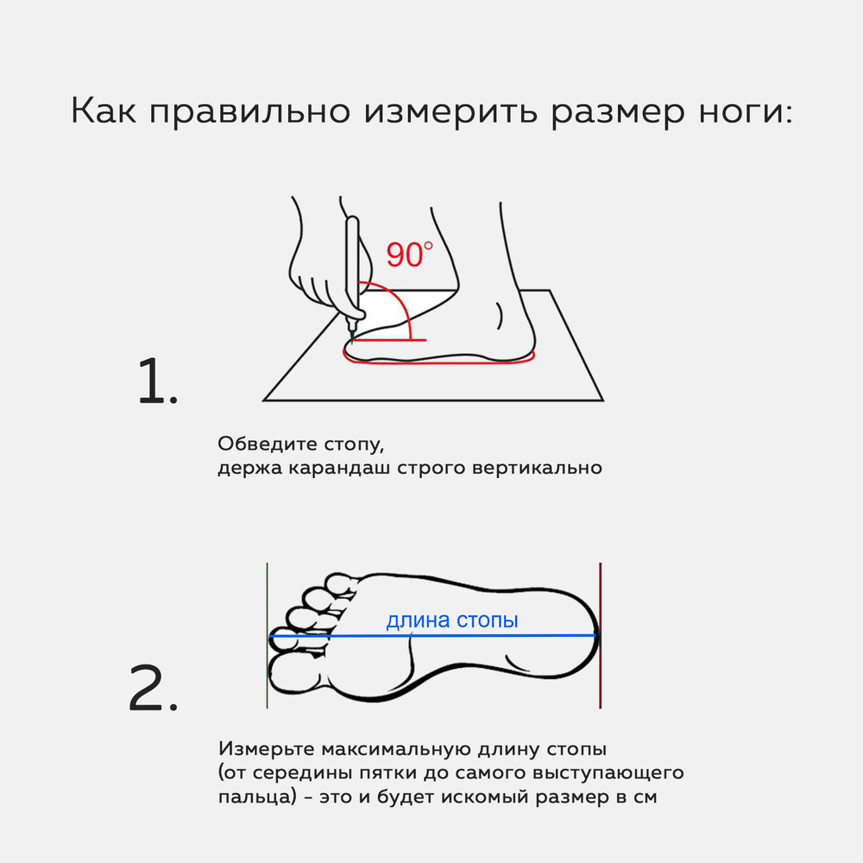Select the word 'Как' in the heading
coord(103,110)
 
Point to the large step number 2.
coord(154,688)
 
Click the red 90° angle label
coord(409,255)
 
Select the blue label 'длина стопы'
coord(452,620)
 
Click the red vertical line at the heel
coord(600,635)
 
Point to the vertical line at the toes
coord(267,635)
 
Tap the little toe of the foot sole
coord(341,583)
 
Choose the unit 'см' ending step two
coord(644,797)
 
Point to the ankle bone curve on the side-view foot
coord(500,316)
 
